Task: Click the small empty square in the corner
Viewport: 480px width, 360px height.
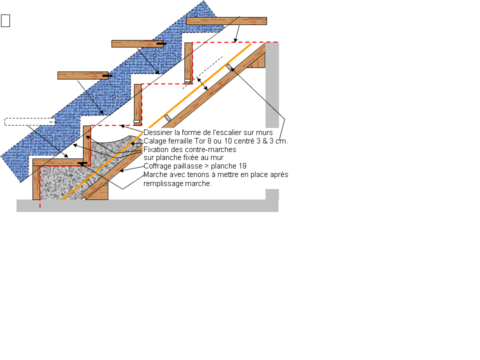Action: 6,20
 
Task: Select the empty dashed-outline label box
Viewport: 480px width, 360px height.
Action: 29,121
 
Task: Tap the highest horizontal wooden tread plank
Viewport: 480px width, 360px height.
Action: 226,21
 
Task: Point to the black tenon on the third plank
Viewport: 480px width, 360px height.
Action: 106,76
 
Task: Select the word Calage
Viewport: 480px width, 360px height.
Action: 154,141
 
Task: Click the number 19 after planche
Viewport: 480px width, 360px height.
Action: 242,166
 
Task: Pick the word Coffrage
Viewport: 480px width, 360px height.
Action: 157,166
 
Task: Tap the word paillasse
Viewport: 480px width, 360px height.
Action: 188,166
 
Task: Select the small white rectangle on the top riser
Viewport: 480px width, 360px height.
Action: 187,80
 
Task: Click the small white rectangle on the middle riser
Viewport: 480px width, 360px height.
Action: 136,121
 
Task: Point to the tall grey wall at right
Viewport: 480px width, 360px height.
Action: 272,85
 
